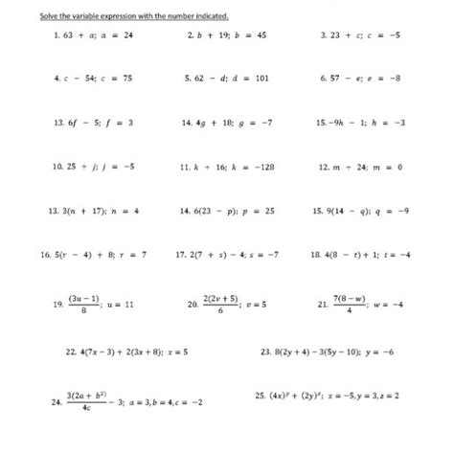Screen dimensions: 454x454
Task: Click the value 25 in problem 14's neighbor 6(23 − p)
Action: click(x=269, y=211)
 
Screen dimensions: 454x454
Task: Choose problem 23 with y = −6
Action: click(x=327, y=352)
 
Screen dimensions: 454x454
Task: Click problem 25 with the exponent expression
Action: click(x=327, y=395)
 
